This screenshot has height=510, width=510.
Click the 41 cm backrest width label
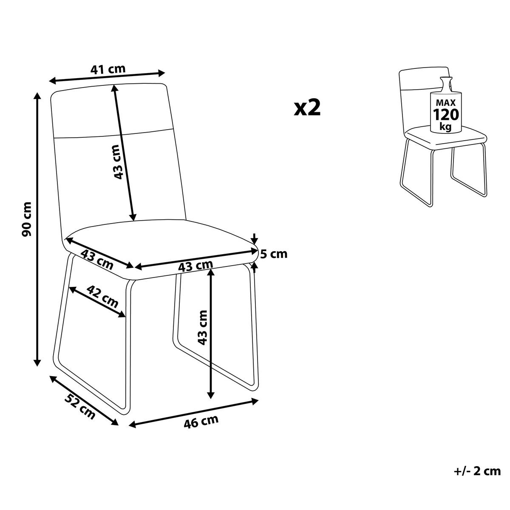click(108, 69)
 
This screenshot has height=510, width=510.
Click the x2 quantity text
click(307, 108)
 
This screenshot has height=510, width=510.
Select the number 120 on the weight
click(446, 115)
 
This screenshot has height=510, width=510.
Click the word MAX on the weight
click(446, 102)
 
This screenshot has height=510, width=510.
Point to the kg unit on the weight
click(445, 127)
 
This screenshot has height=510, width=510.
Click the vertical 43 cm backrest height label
click(117, 162)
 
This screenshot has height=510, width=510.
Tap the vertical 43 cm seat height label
click(202, 328)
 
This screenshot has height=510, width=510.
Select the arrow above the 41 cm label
click(107, 77)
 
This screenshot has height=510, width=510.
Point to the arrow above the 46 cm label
click(193, 416)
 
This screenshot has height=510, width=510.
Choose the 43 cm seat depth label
click(97, 259)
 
